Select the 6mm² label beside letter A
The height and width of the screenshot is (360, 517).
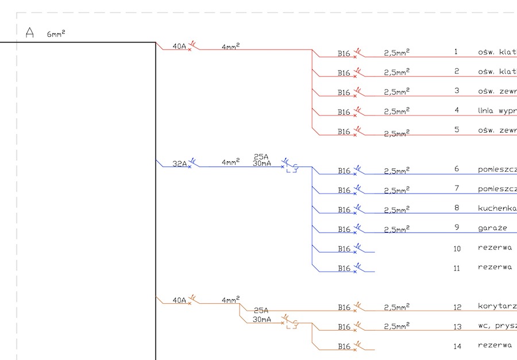[56, 34]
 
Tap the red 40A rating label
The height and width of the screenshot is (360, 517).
[179, 47]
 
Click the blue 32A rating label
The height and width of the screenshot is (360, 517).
[180, 164]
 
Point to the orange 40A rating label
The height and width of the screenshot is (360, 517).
[179, 300]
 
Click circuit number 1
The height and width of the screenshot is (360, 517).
[456, 52]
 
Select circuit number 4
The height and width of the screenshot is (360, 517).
[457, 110]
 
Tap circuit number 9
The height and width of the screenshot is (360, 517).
[457, 227]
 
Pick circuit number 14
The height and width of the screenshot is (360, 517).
[457, 346]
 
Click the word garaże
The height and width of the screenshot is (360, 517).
[492, 228]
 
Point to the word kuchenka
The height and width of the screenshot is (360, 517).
[497, 208]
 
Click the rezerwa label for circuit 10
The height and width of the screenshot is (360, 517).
[495, 248]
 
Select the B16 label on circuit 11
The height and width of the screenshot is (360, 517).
[344, 268]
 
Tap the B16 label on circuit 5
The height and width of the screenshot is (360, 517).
[344, 131]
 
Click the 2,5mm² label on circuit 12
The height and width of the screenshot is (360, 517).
[396, 307]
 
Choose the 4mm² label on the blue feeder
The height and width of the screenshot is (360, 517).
[230, 163]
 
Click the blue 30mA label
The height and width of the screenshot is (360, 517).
[261, 164]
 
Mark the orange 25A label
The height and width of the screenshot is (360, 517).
[261, 310]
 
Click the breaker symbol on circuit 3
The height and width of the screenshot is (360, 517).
[358, 91]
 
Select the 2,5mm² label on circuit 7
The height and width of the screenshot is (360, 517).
[396, 189]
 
